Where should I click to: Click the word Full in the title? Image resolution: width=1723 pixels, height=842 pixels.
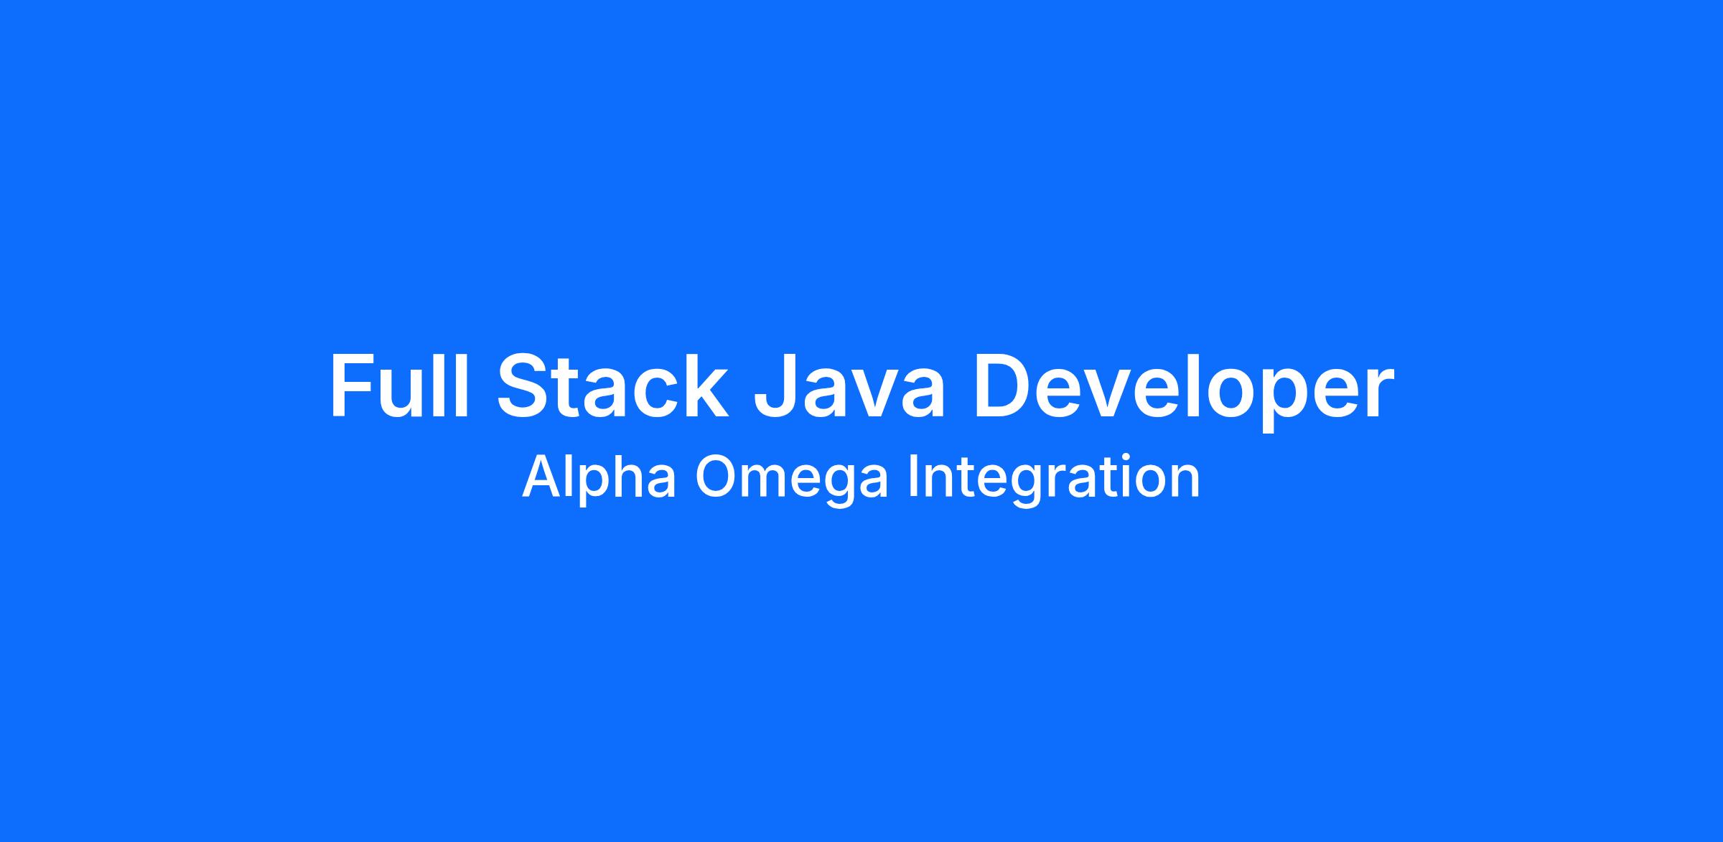(x=399, y=385)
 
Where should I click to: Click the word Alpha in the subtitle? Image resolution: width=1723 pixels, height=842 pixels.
(x=599, y=476)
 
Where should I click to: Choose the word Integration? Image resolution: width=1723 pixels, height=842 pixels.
(x=1054, y=477)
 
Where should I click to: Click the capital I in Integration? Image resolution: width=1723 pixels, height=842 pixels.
(x=912, y=476)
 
